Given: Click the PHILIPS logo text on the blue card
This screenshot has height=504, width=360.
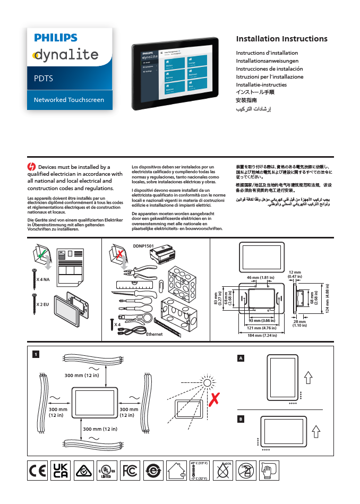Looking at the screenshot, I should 56,38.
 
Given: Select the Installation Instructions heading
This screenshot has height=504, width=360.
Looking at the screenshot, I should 281,39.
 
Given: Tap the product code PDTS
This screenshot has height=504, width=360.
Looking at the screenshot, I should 43,79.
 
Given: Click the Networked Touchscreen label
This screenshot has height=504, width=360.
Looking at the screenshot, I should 69,100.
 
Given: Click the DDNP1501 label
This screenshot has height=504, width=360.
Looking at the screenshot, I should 142,246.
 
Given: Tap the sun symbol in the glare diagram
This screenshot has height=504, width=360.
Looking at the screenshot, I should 207,382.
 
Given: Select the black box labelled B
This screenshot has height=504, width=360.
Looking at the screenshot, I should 241,419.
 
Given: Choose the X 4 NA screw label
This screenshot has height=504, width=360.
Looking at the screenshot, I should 42,279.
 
